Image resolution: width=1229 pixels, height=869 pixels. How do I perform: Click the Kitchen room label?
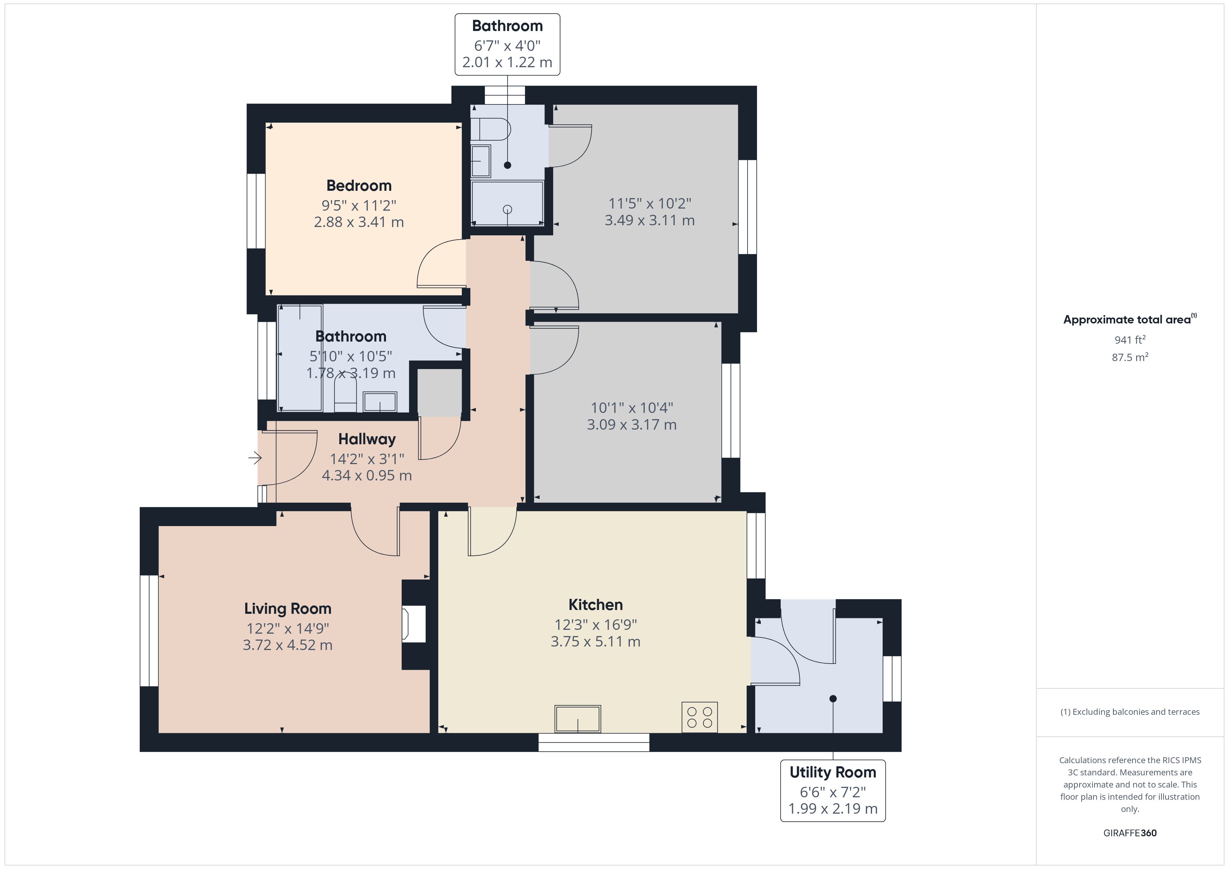click(595, 605)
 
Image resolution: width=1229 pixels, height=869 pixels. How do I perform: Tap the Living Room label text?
click(287, 609)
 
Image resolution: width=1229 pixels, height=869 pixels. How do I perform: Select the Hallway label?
click(367, 439)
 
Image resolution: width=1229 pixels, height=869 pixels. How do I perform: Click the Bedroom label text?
click(359, 186)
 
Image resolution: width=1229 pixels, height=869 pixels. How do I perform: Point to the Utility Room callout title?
click(833, 772)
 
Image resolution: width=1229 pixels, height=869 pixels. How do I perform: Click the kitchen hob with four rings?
click(699, 717)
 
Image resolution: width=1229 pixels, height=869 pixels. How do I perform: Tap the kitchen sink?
click(578, 719)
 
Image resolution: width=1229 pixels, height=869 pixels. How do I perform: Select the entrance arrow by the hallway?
click(255, 458)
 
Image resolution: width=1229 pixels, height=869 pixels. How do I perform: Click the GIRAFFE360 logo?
click(1130, 832)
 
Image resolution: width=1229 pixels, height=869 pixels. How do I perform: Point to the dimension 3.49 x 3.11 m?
click(650, 220)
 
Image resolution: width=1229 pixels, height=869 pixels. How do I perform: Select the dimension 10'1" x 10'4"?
click(632, 408)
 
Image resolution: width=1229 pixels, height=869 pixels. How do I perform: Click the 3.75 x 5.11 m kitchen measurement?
click(595, 642)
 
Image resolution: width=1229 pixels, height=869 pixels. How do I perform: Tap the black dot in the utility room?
click(833, 698)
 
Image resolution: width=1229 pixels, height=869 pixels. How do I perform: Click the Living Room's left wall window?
click(149, 631)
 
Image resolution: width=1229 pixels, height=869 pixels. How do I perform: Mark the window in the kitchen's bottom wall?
click(594, 743)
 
